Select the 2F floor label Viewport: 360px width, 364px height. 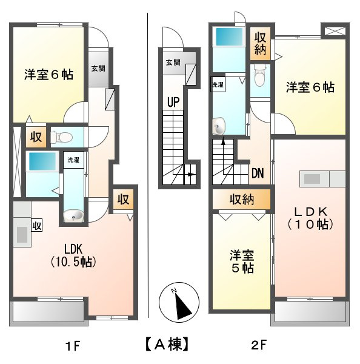[x=259, y=346]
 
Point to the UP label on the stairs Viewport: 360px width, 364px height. [x=173, y=102]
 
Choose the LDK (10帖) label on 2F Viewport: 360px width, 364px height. [x=311, y=217]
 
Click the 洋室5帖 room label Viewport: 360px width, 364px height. [x=241, y=261]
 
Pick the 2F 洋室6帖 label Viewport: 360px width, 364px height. [x=310, y=87]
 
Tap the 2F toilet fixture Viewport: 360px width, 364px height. [x=261, y=77]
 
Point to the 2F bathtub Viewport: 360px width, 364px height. [x=228, y=35]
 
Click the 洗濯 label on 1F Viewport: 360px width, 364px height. [x=73, y=160]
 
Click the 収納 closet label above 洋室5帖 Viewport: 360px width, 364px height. [x=241, y=200]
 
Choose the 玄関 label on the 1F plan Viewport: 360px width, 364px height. [x=98, y=69]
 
